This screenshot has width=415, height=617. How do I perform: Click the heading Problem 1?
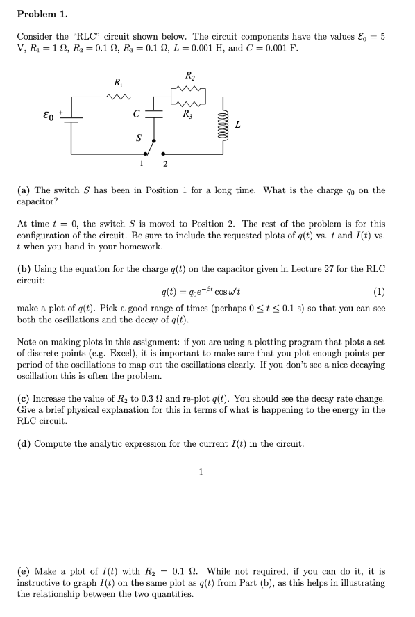[x=40, y=13]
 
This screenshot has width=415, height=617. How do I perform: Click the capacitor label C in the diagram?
[x=137, y=114]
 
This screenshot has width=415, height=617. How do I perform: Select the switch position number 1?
[x=141, y=164]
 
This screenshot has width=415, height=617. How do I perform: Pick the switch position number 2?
[x=164, y=164]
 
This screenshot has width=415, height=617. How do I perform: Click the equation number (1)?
[x=379, y=290]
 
